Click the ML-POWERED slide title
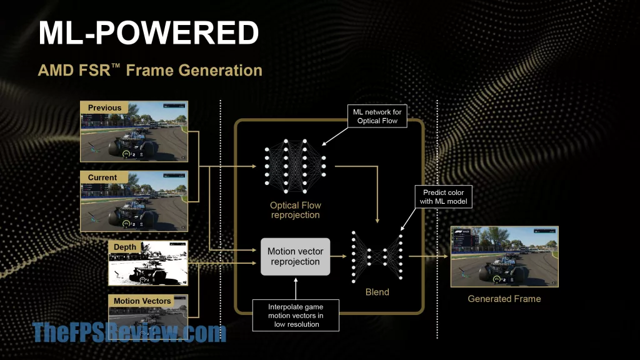coord(149,32)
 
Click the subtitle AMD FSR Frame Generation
coord(150,70)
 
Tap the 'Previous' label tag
coord(104,107)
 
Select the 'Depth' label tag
coord(125,247)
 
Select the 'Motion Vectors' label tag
coord(142,301)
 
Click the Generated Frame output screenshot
coord(504,256)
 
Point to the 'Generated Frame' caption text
coord(504,299)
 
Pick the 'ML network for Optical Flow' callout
coord(377,116)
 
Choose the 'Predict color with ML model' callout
coord(443,197)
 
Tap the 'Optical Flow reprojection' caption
coord(295,210)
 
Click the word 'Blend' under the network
coord(377,292)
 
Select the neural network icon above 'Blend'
coord(377,256)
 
